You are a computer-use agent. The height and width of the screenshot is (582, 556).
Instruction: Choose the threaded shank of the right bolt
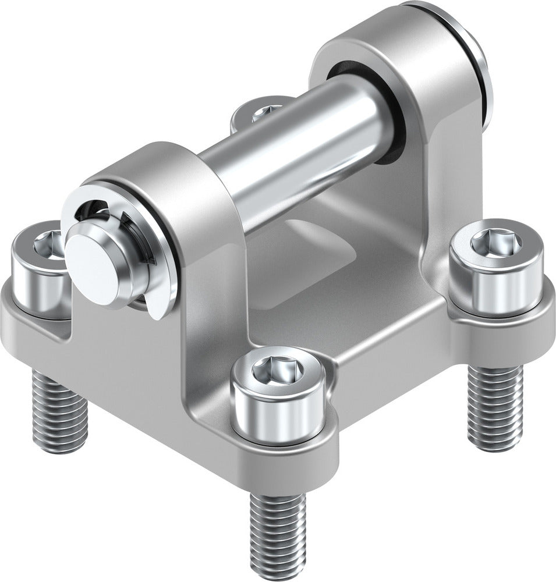[x=495, y=407]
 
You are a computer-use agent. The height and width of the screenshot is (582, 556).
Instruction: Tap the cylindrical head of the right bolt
[x=497, y=279]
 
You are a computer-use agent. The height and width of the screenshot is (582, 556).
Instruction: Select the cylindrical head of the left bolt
[x=35, y=285]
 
